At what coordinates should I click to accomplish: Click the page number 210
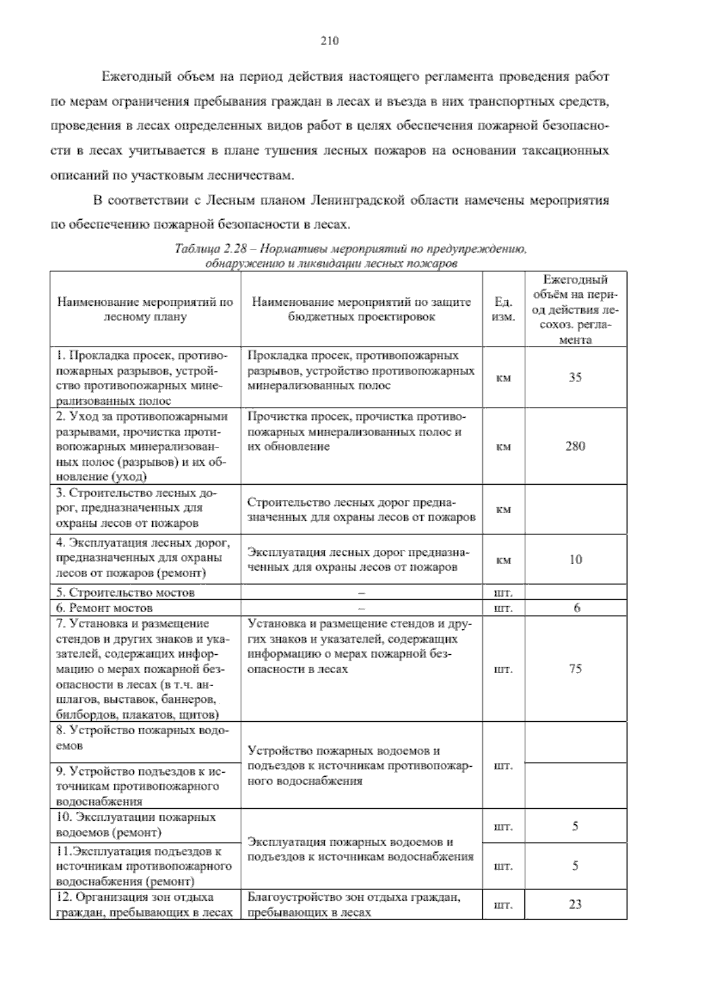[329, 41]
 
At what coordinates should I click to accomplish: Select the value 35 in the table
[575, 377]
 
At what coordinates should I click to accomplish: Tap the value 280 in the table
[575, 446]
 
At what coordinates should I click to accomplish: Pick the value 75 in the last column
[575, 669]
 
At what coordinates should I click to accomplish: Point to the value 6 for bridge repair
[577, 608]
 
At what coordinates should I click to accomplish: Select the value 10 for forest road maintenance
[575, 559]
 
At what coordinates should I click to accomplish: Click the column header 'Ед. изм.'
[503, 309]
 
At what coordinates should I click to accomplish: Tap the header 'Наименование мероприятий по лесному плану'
[145, 309]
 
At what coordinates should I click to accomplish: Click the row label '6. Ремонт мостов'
[111, 608]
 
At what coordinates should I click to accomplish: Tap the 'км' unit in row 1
[503, 378]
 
